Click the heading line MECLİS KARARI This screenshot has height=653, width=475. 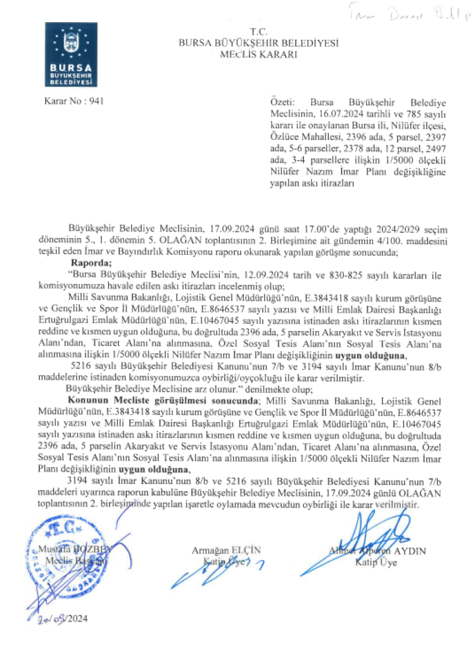[x=259, y=54]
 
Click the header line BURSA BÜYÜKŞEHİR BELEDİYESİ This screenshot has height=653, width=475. [x=259, y=43]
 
